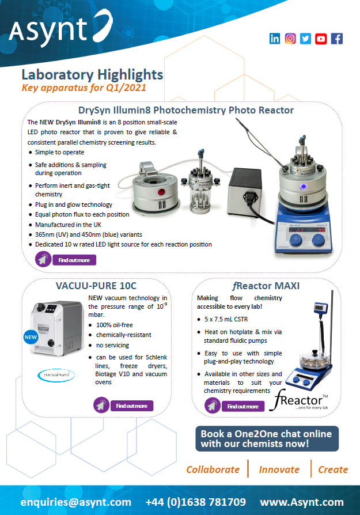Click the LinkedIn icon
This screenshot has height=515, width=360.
(x=275, y=39)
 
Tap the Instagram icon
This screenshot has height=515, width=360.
(x=290, y=39)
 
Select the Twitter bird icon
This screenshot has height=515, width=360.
(x=305, y=39)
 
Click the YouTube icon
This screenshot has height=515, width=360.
(x=321, y=39)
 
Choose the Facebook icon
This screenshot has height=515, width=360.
(x=336, y=39)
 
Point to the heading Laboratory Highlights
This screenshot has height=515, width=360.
(x=92, y=74)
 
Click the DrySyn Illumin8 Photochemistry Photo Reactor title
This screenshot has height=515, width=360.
(x=185, y=110)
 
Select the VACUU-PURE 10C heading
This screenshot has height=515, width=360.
(x=96, y=286)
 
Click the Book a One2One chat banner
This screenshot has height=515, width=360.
(x=267, y=438)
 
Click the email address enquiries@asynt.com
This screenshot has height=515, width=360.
(x=76, y=502)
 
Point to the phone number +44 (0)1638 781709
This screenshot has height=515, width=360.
(x=196, y=502)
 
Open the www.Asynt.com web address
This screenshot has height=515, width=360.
(x=301, y=502)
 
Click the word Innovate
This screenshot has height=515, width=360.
(x=279, y=469)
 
